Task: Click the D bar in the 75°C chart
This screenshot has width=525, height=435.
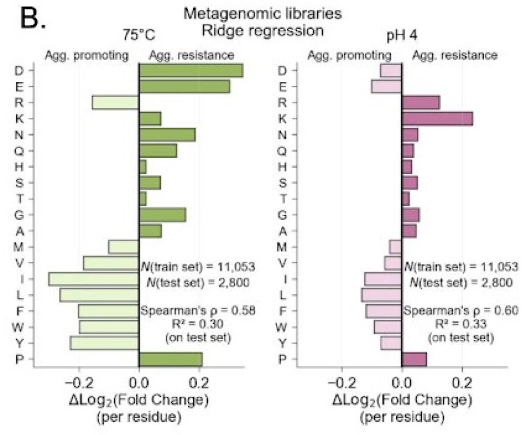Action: (x=190, y=71)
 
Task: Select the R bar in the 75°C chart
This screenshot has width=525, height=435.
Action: (x=115, y=103)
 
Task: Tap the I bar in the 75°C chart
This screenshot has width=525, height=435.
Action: (x=94, y=279)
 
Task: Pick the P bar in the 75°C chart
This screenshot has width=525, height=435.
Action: (x=170, y=359)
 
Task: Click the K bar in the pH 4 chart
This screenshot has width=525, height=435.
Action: (x=437, y=119)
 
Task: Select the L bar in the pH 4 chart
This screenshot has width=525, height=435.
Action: (x=382, y=295)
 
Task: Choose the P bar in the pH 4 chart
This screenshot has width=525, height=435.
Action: (x=414, y=359)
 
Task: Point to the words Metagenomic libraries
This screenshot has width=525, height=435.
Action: (x=262, y=12)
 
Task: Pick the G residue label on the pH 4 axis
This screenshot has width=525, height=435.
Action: (x=282, y=215)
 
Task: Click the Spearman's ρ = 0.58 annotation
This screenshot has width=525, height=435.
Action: (x=197, y=310)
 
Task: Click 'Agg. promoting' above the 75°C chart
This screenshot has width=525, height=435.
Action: (x=86, y=55)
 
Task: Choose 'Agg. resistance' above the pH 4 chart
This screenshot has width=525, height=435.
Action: (x=454, y=55)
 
